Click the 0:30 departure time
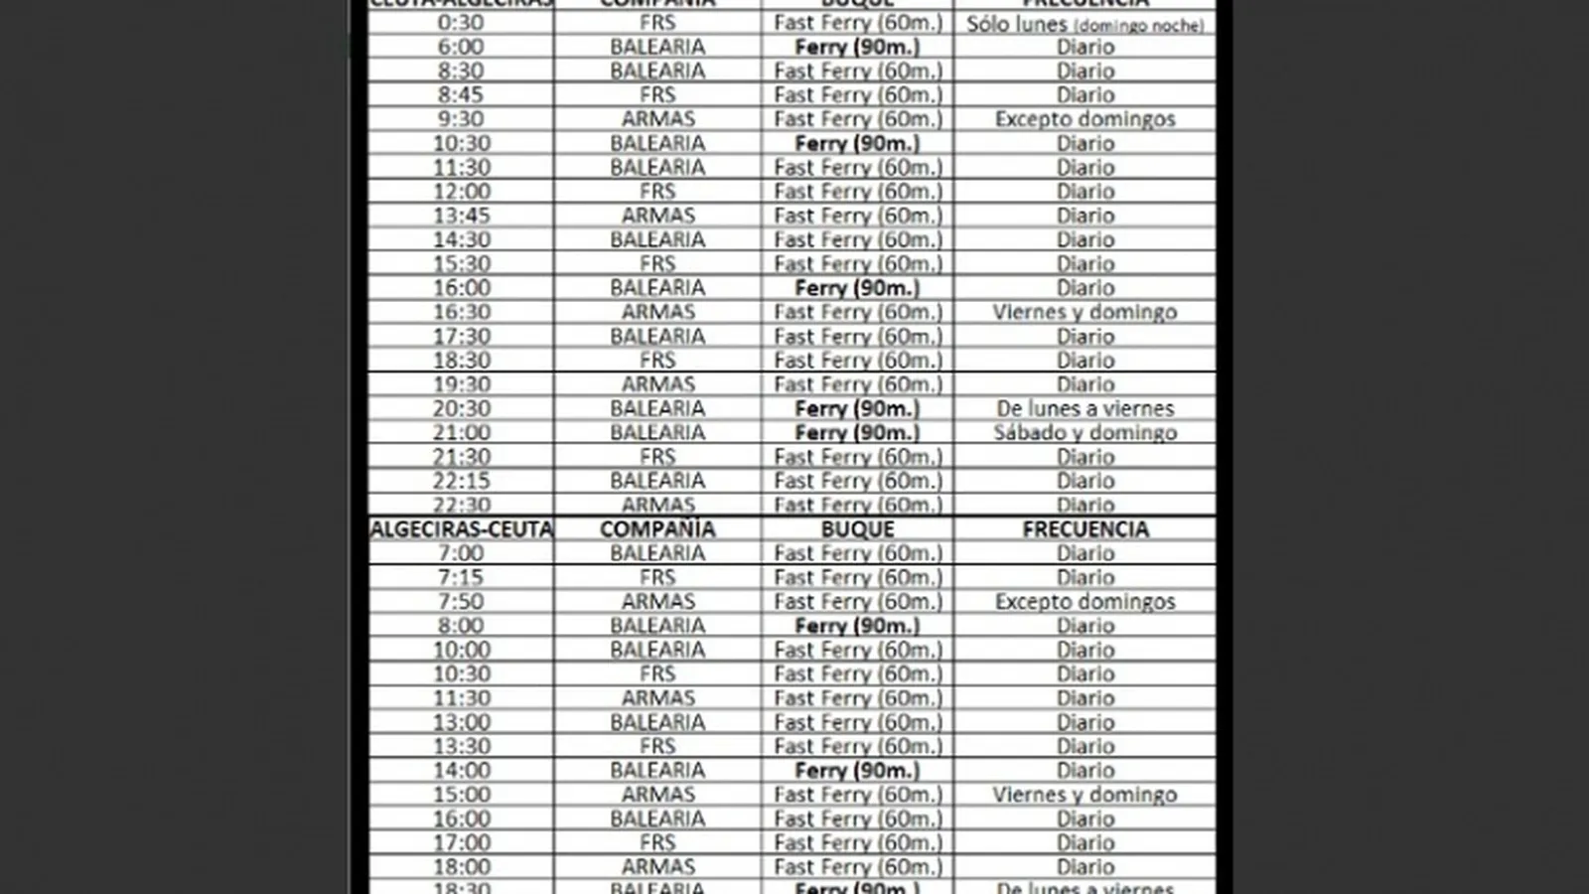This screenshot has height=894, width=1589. click(461, 23)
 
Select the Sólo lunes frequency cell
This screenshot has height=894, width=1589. click(1084, 24)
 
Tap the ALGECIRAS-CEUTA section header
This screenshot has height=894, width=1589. click(461, 529)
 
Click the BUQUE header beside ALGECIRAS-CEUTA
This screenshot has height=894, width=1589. click(857, 529)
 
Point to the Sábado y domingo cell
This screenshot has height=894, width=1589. click(1084, 433)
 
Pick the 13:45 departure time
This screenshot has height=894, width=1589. click(461, 216)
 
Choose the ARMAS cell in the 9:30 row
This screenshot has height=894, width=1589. click(657, 119)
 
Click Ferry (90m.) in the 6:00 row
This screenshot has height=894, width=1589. click(857, 47)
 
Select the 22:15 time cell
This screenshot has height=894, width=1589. click(461, 481)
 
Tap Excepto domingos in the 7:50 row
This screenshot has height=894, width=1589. click(1084, 602)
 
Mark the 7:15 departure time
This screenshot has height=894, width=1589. click(461, 577)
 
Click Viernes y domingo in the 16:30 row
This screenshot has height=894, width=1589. click(1084, 312)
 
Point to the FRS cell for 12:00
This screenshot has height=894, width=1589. click(657, 192)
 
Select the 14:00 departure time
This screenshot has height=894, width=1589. click(461, 770)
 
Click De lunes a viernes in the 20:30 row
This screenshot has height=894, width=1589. click(1084, 408)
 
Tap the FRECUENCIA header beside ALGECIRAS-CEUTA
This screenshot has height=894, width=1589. click(1084, 529)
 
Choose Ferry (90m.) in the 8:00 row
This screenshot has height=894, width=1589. click(857, 626)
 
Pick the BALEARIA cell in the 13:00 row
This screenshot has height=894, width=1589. click(657, 722)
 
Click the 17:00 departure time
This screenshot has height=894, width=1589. click(461, 842)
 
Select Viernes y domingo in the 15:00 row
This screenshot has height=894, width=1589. click(1084, 795)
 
